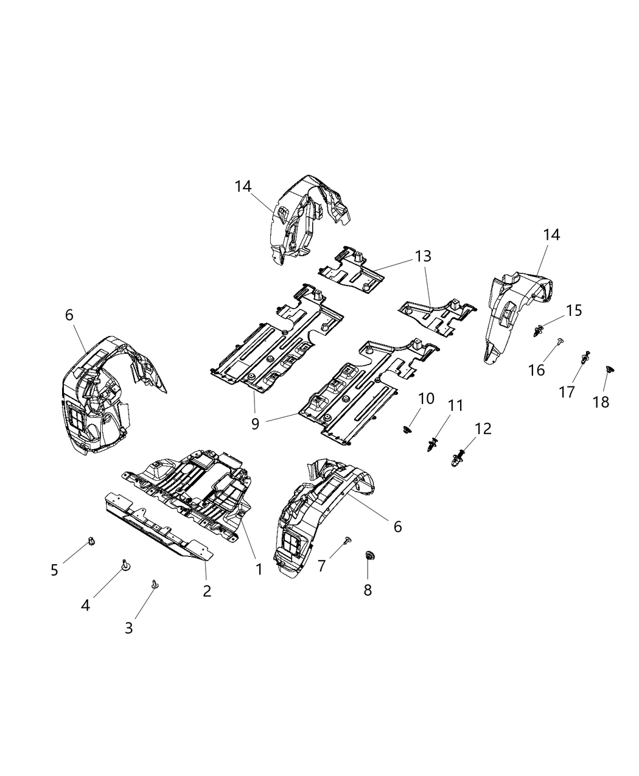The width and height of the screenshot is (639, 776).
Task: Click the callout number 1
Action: click(x=259, y=569)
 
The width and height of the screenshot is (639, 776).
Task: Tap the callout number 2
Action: click(x=207, y=590)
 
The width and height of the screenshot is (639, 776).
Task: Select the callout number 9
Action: click(x=255, y=423)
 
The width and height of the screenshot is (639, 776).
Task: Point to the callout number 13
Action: click(x=423, y=256)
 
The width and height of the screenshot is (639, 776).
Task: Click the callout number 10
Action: click(x=426, y=399)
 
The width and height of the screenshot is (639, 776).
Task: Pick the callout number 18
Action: click(x=601, y=402)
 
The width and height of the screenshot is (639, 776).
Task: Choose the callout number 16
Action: click(x=536, y=369)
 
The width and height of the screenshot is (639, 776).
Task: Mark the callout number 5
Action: click(x=54, y=570)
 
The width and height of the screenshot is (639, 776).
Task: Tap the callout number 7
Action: click(x=322, y=565)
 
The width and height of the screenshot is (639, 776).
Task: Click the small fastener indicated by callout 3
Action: click(x=155, y=584)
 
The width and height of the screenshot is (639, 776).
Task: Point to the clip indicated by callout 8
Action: click(x=368, y=556)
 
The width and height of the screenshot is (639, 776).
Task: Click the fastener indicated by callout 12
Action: click(x=461, y=456)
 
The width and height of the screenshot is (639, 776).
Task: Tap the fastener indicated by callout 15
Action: click(x=538, y=331)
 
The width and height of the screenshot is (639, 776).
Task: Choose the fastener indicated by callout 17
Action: click(x=585, y=357)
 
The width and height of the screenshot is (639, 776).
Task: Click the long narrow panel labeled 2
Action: click(x=158, y=533)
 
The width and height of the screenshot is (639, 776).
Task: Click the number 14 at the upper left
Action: click(x=243, y=186)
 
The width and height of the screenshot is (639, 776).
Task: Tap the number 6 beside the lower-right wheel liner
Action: click(x=397, y=526)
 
